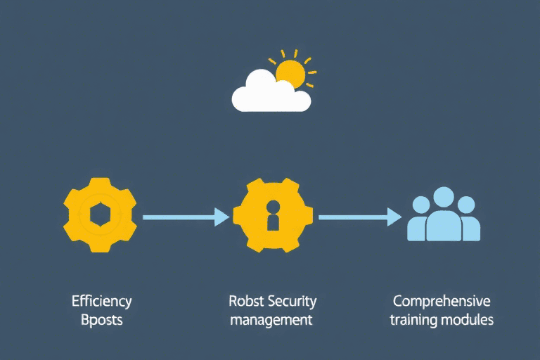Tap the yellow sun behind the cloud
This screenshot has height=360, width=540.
point(290,72)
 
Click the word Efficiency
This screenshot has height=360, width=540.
point(101,302)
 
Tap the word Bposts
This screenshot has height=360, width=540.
point(101,320)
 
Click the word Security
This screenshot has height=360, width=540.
point(291,302)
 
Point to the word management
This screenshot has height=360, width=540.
point(271,320)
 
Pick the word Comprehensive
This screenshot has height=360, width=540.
point(442,302)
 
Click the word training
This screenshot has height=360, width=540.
point(415,320)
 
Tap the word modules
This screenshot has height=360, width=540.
point(468,320)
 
